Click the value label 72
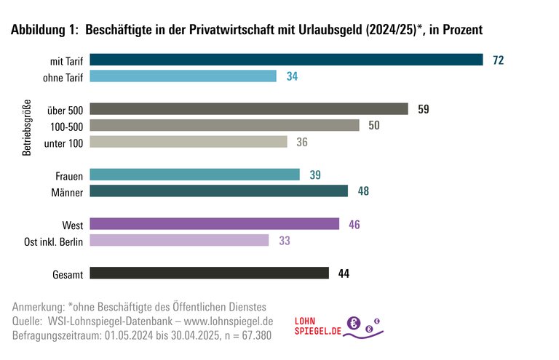pos(498,60)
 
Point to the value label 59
pos(423,109)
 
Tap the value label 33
pos(285,240)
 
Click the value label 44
pos(344,273)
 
